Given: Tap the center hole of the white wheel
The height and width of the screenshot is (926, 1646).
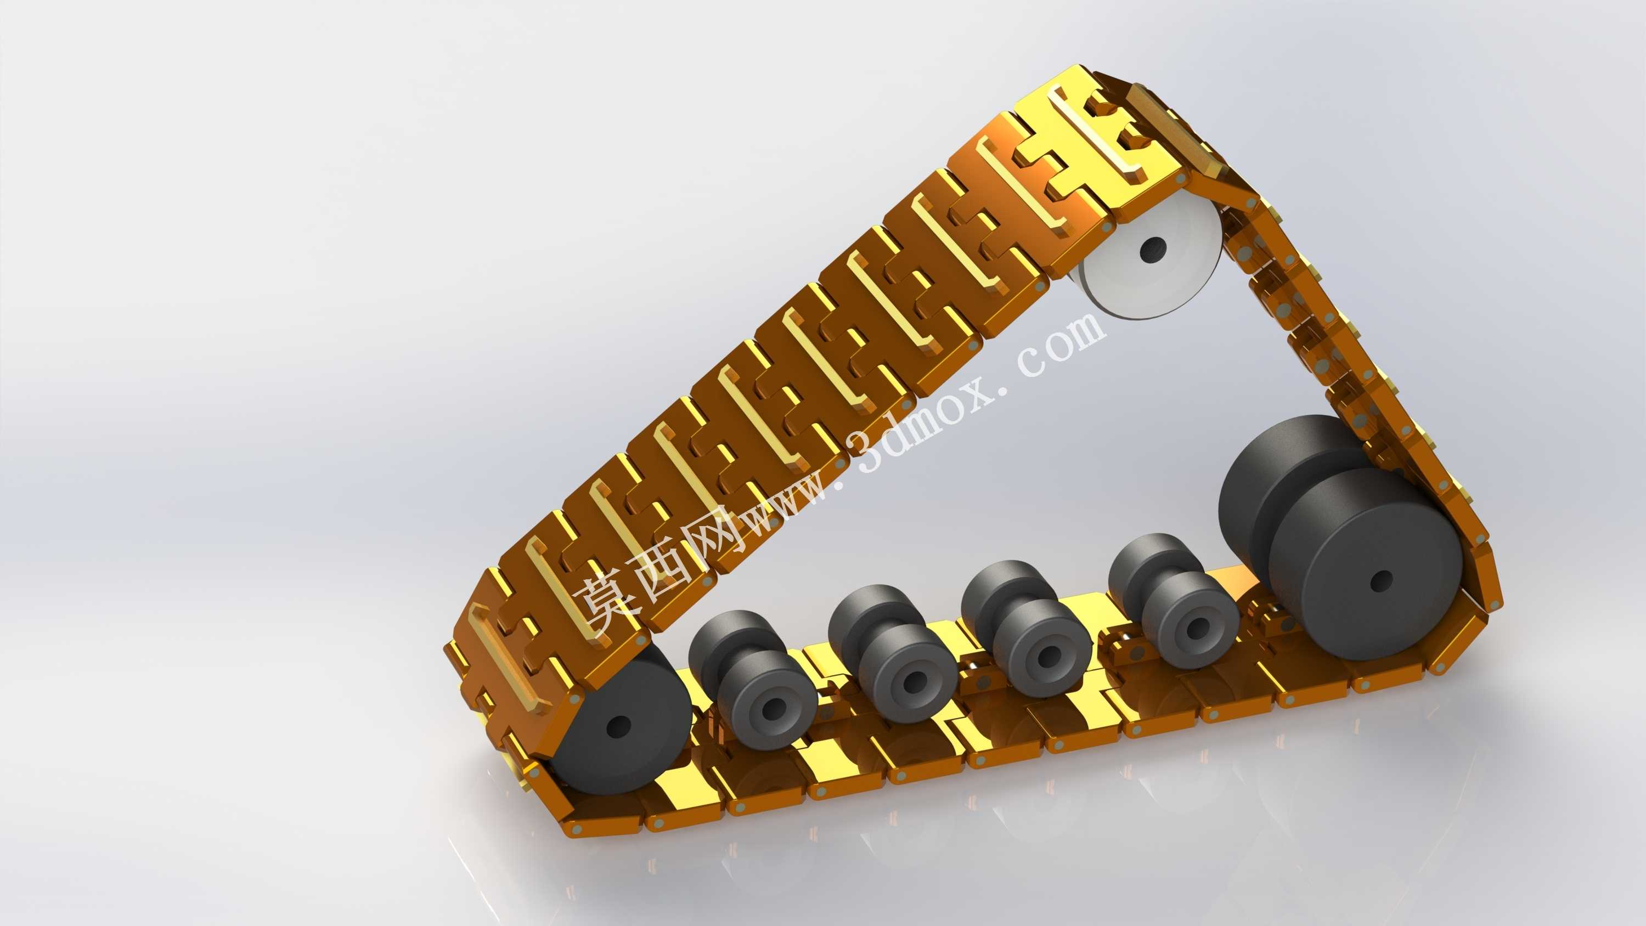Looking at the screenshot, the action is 1153,246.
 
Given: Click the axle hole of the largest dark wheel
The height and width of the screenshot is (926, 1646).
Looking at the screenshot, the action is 1382,581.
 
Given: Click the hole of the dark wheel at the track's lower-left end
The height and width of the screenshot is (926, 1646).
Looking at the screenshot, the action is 617,726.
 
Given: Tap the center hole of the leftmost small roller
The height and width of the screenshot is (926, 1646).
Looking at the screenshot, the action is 774,706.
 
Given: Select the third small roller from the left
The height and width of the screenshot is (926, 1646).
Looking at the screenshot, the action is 1026,620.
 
